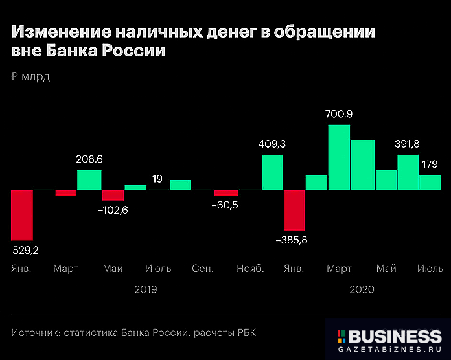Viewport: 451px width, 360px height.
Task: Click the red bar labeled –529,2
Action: pos(22,215)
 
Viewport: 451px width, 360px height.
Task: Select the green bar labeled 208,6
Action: pos(89,180)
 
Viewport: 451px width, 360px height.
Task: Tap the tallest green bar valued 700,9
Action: pos(340,157)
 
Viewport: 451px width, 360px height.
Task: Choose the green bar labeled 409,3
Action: pos(272,172)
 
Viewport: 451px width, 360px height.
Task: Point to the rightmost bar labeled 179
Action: pos(430,182)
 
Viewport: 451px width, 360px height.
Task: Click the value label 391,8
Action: pos(408,144)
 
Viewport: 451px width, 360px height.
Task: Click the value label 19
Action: pos(157,178)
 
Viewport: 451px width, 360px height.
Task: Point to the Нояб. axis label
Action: pos(250,268)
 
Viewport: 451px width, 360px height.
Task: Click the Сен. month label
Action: pos(203,268)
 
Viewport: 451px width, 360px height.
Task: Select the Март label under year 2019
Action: pos(66,268)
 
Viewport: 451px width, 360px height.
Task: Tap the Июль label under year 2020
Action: pos(430,268)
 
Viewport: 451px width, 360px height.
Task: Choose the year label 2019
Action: pos(146,290)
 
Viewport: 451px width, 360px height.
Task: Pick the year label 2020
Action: pos(362,290)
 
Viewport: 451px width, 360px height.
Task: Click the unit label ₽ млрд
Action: pos(30,77)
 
